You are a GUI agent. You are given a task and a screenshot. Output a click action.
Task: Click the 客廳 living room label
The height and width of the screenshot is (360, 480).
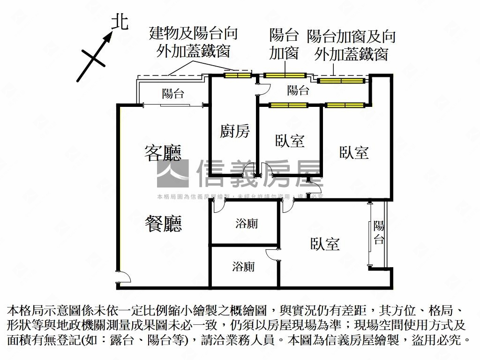point(162,153)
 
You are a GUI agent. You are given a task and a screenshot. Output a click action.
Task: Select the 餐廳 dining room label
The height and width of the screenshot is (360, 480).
point(162,224)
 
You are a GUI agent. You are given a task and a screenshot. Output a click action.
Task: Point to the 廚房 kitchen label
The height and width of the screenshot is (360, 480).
point(235,132)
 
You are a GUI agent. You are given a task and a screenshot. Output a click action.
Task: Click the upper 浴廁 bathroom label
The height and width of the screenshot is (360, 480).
point(246,224)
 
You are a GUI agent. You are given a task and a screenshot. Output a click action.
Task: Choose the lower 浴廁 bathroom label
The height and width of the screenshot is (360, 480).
point(243,267)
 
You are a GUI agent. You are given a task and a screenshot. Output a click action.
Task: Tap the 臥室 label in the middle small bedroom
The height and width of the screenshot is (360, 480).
point(290,141)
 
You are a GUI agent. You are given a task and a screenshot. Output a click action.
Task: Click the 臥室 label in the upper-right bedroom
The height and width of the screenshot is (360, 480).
point(354,152)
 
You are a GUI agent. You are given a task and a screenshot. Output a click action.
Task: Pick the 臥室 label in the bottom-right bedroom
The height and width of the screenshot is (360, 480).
point(325,244)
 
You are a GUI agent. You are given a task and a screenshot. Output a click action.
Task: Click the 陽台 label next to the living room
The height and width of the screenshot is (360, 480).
point(173,93)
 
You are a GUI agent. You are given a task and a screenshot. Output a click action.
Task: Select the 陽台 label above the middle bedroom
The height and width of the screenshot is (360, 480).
point(298,90)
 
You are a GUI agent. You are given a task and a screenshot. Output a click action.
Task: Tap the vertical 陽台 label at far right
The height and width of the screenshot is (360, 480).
point(379,232)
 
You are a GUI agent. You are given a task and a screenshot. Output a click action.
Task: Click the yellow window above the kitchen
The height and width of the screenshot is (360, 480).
point(237,75)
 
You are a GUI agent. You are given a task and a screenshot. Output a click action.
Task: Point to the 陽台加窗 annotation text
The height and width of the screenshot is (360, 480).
point(284,44)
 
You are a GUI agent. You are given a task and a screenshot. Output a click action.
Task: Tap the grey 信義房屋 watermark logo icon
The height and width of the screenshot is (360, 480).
point(172,173)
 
